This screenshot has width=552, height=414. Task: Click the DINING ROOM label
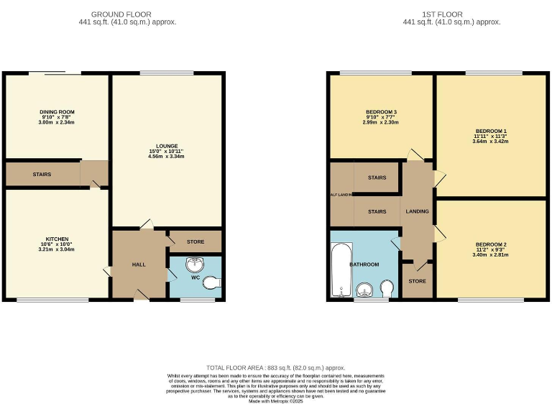coord(57,112)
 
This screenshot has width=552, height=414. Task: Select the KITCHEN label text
coord(57,237)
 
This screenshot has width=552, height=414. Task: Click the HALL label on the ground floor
coord(139,264)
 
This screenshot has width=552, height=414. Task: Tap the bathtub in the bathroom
coord(338,270)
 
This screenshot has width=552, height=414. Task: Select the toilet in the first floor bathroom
coord(387,288)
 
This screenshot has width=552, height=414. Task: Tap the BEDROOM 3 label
coord(380,112)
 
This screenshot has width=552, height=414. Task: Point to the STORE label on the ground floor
coord(195,242)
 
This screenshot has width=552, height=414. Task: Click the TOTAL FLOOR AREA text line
coord(276,367)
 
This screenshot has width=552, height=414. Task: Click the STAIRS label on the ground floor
coord(41,174)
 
